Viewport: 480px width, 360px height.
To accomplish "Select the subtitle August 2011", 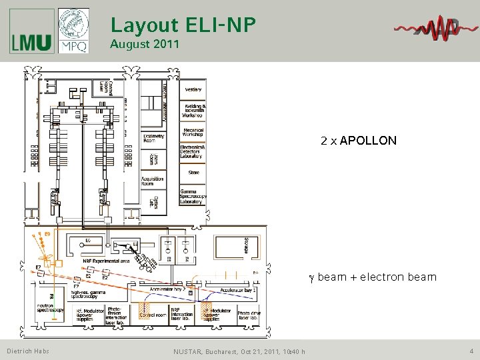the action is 145,45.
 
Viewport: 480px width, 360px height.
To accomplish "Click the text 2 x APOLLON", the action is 358,141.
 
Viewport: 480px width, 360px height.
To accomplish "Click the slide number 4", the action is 471,351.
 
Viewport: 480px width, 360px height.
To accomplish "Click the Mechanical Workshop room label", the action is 193,131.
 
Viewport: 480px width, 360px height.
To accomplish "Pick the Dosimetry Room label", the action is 154,138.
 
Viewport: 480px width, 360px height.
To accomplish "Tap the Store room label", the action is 193,173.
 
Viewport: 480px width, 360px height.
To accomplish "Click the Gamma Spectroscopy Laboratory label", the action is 193,197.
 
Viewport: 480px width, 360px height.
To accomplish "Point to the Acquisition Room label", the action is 152,182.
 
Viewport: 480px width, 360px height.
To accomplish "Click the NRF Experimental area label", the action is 107,261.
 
